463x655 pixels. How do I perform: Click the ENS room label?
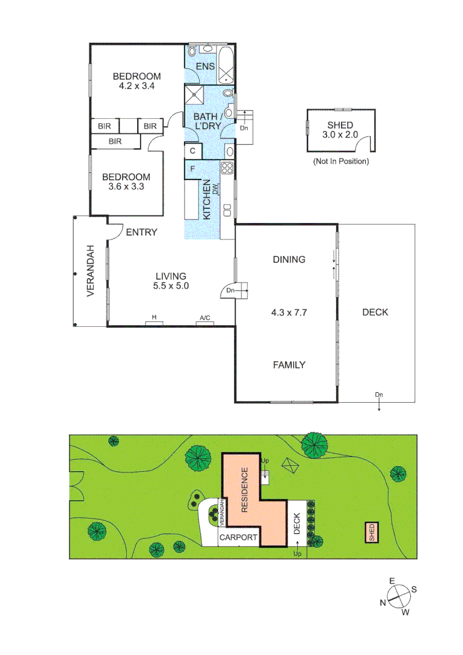pos(205,66)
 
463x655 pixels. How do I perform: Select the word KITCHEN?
pos(206,200)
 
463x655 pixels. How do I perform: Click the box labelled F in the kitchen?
pos(192,169)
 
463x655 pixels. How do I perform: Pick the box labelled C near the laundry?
pos(192,150)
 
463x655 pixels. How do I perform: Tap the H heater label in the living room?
pos(154,318)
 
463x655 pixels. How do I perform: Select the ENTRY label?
pos(141,232)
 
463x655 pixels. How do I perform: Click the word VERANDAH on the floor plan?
pos(90,270)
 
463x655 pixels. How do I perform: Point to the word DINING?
pos(288,260)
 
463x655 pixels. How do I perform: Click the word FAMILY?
pos(288,365)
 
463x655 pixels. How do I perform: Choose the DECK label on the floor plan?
pos(375,312)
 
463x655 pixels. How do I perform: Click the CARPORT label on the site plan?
pos(238,538)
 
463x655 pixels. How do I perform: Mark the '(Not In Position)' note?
pos(340,161)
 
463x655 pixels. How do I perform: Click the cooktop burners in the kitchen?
pos(228,169)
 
